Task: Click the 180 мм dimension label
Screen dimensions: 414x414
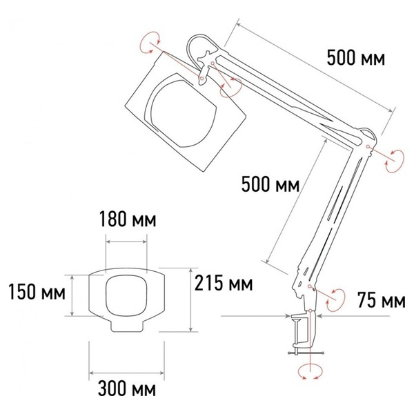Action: tap(128, 219)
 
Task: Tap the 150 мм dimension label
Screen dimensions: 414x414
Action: tap(37, 292)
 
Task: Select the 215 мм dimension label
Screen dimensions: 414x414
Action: tap(224, 283)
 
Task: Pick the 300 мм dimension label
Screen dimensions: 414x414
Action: tap(127, 388)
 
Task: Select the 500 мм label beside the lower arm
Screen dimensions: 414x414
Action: tap(270, 184)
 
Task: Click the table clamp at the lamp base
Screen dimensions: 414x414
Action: tap(304, 333)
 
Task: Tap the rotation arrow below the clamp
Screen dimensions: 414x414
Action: tap(310, 372)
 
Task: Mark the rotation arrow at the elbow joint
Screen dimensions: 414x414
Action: tap(395, 161)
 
